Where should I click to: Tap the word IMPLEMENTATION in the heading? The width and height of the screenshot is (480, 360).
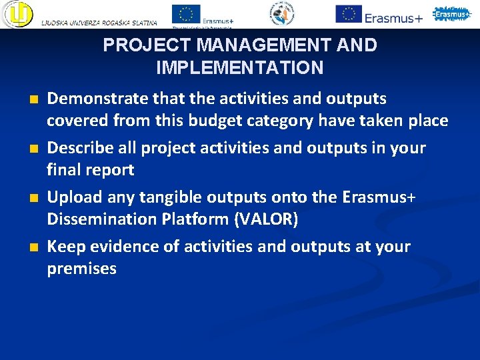pos(240,68)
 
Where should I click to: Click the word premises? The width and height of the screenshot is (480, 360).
pos(81,269)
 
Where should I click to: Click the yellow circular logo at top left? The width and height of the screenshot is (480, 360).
pos(17,14)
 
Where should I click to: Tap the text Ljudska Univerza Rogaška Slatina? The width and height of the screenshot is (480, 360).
pos(99,23)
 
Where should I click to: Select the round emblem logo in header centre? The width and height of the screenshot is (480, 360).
pos(281,14)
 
